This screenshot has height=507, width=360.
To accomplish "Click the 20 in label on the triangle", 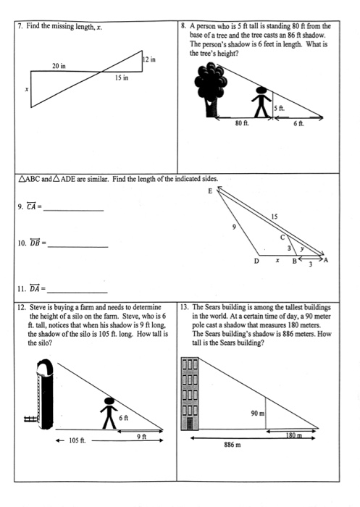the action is pos(58,66).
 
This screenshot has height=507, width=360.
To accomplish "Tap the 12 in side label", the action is pos(149,59).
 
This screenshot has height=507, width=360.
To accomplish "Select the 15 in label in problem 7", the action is pos(122,78).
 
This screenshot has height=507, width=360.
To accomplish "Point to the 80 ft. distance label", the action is pos(242,124).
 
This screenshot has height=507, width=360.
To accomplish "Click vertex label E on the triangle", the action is pos(209,191).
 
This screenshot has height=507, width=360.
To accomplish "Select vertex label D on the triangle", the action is pos(256,261).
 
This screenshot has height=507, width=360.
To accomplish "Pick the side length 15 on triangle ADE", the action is pos(274,216).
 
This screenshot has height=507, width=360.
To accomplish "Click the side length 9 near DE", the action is pos(233,227).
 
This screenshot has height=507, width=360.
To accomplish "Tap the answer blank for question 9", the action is pos(73,209).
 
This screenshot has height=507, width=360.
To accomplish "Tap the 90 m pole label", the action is pos(257,413).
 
